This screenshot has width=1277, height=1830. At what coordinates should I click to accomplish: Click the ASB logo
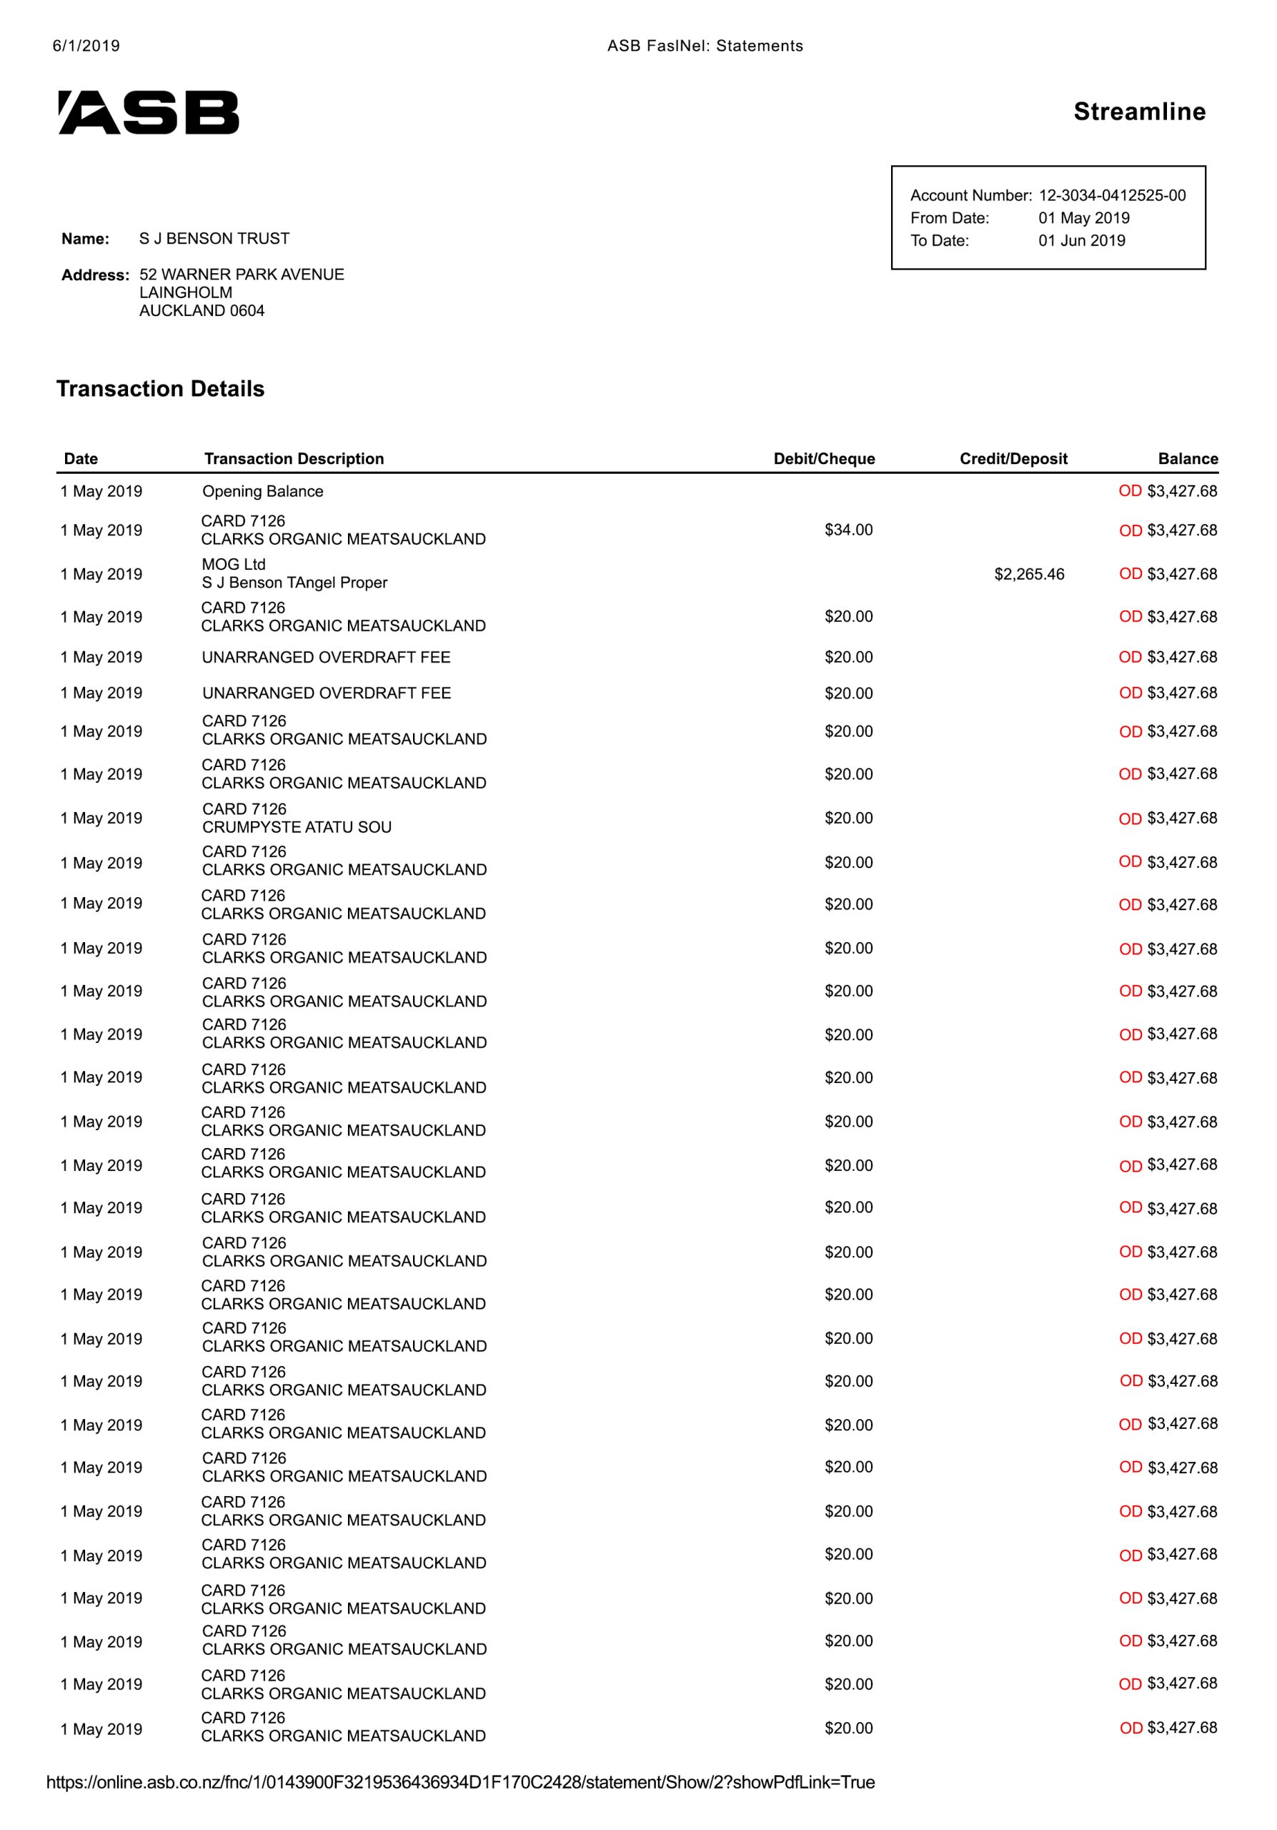tap(148, 112)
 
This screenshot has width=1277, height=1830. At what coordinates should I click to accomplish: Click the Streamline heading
tap(1138, 112)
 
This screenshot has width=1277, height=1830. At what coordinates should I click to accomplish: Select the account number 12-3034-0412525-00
tap(1111, 195)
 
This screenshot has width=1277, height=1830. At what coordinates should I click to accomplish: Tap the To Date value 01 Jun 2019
tap(1081, 240)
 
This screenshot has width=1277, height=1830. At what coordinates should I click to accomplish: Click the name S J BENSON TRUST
tap(214, 238)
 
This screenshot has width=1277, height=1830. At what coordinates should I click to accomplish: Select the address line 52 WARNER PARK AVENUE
tap(242, 274)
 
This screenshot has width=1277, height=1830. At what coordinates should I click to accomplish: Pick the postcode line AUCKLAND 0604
tap(202, 311)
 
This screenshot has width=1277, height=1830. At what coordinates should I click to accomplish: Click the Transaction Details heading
tap(160, 389)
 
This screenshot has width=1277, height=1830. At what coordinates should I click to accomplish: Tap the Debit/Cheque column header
tap(824, 458)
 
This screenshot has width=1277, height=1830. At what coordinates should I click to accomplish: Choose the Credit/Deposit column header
tap(1013, 458)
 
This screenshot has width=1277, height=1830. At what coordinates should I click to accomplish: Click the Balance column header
tap(1187, 458)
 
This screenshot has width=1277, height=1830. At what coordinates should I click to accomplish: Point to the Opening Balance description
tap(262, 491)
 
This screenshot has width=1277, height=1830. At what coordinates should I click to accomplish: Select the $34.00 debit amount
tap(848, 530)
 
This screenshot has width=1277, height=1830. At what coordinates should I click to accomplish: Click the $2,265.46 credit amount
tap(1028, 574)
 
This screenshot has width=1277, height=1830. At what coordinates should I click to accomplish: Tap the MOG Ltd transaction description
tap(233, 564)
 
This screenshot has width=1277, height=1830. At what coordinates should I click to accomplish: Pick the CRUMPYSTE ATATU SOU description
tap(297, 827)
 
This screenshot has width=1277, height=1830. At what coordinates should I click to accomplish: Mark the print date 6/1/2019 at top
tap(86, 46)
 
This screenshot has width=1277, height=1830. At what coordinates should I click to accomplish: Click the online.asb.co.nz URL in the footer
tap(459, 1782)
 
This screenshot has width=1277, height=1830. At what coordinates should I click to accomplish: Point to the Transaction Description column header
tap(293, 458)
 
